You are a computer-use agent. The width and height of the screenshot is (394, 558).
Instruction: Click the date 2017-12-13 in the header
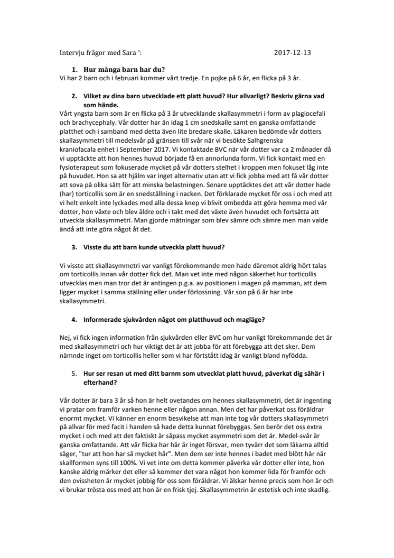(x=296, y=52)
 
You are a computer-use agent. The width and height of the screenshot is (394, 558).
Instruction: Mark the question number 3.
(x=74, y=247)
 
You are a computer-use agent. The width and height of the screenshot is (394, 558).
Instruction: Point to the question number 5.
(x=74, y=373)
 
